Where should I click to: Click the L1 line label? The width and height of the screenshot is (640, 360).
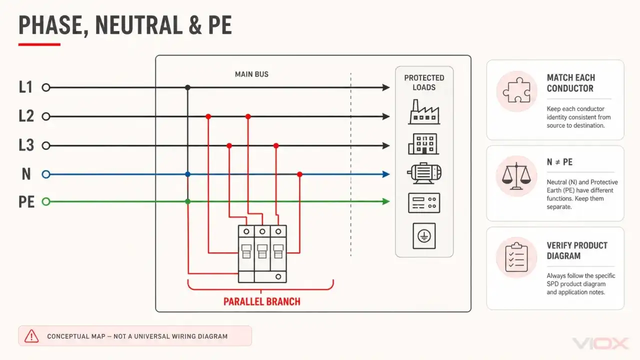[25, 87]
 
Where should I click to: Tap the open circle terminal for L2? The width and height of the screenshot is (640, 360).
[46, 116]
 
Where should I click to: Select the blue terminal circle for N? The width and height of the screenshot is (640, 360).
[46, 174]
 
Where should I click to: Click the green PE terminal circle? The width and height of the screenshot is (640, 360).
[46, 201]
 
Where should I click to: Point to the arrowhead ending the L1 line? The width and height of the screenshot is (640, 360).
[386, 87]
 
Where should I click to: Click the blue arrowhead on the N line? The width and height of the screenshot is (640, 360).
[386, 174]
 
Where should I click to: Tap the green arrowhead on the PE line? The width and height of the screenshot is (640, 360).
[386, 201]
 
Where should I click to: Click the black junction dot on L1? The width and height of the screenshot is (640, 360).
[187, 87]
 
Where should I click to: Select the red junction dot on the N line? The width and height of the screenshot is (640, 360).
[299, 174]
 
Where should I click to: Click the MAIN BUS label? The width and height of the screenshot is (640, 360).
[251, 74]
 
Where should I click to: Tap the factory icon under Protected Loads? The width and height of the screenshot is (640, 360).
[424, 111]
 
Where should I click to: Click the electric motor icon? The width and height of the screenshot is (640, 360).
[424, 173]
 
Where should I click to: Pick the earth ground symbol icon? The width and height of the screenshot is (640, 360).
[424, 236]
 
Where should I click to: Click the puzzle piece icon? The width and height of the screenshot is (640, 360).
[516, 90]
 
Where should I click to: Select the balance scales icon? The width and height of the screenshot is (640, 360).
[516, 176]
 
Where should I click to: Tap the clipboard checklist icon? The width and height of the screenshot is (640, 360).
[516, 257]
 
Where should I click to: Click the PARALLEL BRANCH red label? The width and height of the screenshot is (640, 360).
[262, 301]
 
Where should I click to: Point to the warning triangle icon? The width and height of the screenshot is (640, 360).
[31, 336]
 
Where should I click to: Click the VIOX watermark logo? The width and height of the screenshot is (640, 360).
[600, 343]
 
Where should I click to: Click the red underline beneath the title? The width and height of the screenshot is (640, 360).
[39, 44]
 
